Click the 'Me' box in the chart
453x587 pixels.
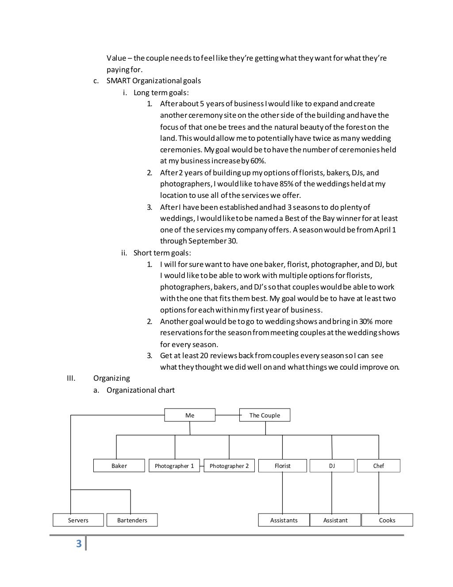click(x=190, y=415)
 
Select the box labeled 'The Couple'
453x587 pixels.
click(x=265, y=415)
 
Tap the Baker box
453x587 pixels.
click(x=119, y=466)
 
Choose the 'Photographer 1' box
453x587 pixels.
click(x=174, y=466)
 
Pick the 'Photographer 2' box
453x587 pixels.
click(x=229, y=466)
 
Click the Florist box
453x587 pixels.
click(x=283, y=466)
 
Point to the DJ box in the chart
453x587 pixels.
click(x=332, y=466)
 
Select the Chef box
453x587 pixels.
click(x=378, y=466)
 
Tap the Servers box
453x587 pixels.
click(x=78, y=520)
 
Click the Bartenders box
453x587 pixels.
click(x=132, y=520)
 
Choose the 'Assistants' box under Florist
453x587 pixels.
click(x=284, y=520)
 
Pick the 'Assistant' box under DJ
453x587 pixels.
click(x=335, y=520)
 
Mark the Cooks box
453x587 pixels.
click(x=387, y=520)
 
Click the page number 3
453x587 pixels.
click(x=79, y=544)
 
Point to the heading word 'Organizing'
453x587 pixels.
click(x=111, y=378)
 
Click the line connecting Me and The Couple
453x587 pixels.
click(x=227, y=415)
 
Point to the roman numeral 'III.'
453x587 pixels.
click(x=71, y=378)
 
